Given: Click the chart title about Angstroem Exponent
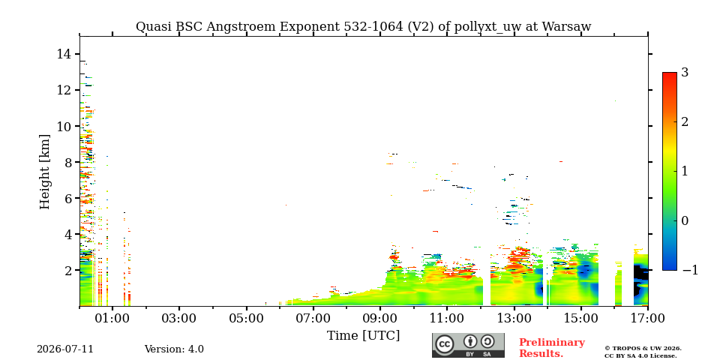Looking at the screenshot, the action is (x=363, y=27).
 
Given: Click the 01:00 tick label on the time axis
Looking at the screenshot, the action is (x=113, y=318).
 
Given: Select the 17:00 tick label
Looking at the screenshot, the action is (x=648, y=318).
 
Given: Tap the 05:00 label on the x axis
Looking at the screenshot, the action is (x=247, y=318).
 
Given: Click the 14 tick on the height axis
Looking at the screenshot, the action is (x=64, y=54).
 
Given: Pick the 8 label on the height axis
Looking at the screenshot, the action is (x=68, y=162).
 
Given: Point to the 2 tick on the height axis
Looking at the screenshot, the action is (x=68, y=271).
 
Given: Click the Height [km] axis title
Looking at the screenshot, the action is (x=44, y=172).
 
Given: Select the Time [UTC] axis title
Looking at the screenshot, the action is (x=363, y=336).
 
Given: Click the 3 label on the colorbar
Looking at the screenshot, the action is (x=685, y=73).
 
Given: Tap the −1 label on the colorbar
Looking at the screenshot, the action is (x=690, y=270).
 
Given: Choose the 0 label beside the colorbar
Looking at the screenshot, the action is (x=685, y=220).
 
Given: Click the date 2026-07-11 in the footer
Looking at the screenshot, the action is (x=65, y=349).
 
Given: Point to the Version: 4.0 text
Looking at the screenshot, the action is (x=174, y=349).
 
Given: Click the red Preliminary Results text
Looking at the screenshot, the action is (x=552, y=348).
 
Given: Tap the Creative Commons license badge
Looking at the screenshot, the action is (x=468, y=345).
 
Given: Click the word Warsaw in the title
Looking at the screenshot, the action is (x=567, y=27).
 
